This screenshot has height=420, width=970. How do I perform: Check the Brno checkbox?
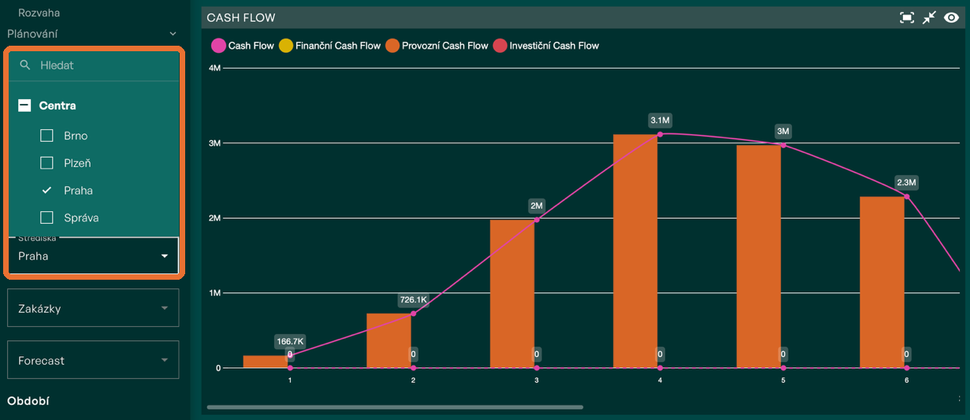(46, 136)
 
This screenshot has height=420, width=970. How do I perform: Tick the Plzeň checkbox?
(46, 163)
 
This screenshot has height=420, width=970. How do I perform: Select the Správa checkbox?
(46, 217)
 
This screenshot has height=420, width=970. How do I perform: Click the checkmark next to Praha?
(46, 190)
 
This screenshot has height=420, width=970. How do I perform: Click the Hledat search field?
(94, 65)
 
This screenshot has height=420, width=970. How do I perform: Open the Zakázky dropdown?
(93, 308)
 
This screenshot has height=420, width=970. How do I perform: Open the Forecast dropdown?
(93, 360)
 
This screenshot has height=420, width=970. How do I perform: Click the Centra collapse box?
(24, 106)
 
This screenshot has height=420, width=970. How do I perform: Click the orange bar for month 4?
(635, 251)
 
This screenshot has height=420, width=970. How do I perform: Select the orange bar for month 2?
(388, 340)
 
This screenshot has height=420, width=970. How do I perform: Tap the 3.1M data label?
(660, 121)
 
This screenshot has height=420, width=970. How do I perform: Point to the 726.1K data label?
(413, 299)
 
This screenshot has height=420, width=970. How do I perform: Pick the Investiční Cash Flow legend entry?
(546, 46)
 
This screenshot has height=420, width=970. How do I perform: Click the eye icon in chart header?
(951, 17)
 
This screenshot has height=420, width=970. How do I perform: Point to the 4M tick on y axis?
(215, 68)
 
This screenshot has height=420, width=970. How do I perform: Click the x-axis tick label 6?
(906, 380)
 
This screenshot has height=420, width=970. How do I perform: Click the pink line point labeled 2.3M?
(907, 196)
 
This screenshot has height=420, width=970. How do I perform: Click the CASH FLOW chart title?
(241, 18)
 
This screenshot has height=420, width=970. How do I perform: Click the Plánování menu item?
(32, 34)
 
